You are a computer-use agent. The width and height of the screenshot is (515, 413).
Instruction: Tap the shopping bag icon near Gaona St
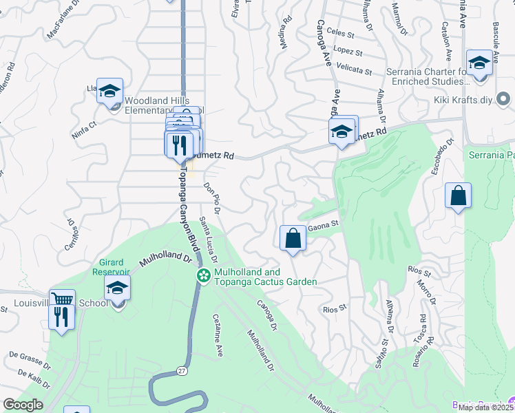(x=293, y=238)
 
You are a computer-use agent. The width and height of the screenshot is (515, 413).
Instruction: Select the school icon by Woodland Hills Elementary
(x=109, y=91)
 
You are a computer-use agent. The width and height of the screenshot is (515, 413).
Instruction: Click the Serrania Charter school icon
(x=479, y=63)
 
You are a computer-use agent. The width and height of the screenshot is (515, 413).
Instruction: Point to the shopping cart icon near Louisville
(x=63, y=300)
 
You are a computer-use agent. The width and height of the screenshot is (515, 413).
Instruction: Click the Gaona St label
(x=324, y=223)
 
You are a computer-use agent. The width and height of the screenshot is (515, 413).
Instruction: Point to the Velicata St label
(x=355, y=71)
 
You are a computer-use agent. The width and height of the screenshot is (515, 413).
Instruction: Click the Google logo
(x=23, y=405)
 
